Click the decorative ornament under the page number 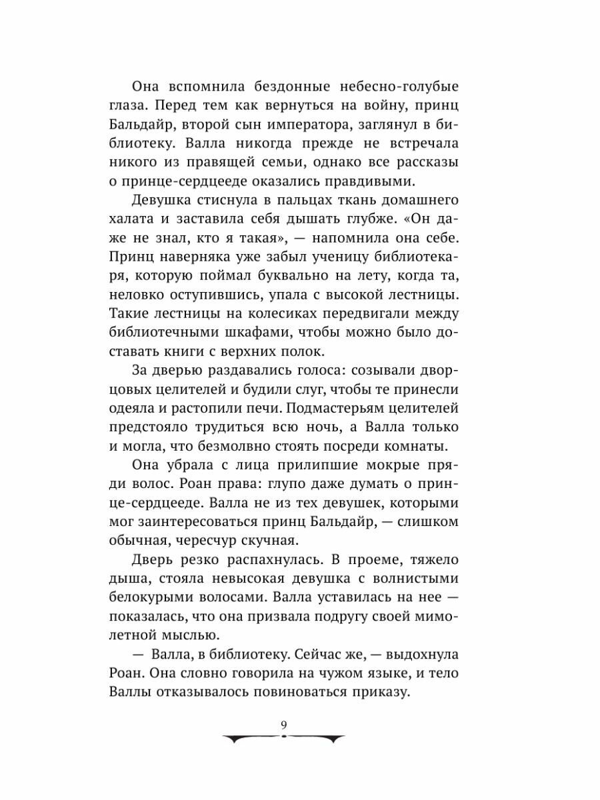pos(285,739)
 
